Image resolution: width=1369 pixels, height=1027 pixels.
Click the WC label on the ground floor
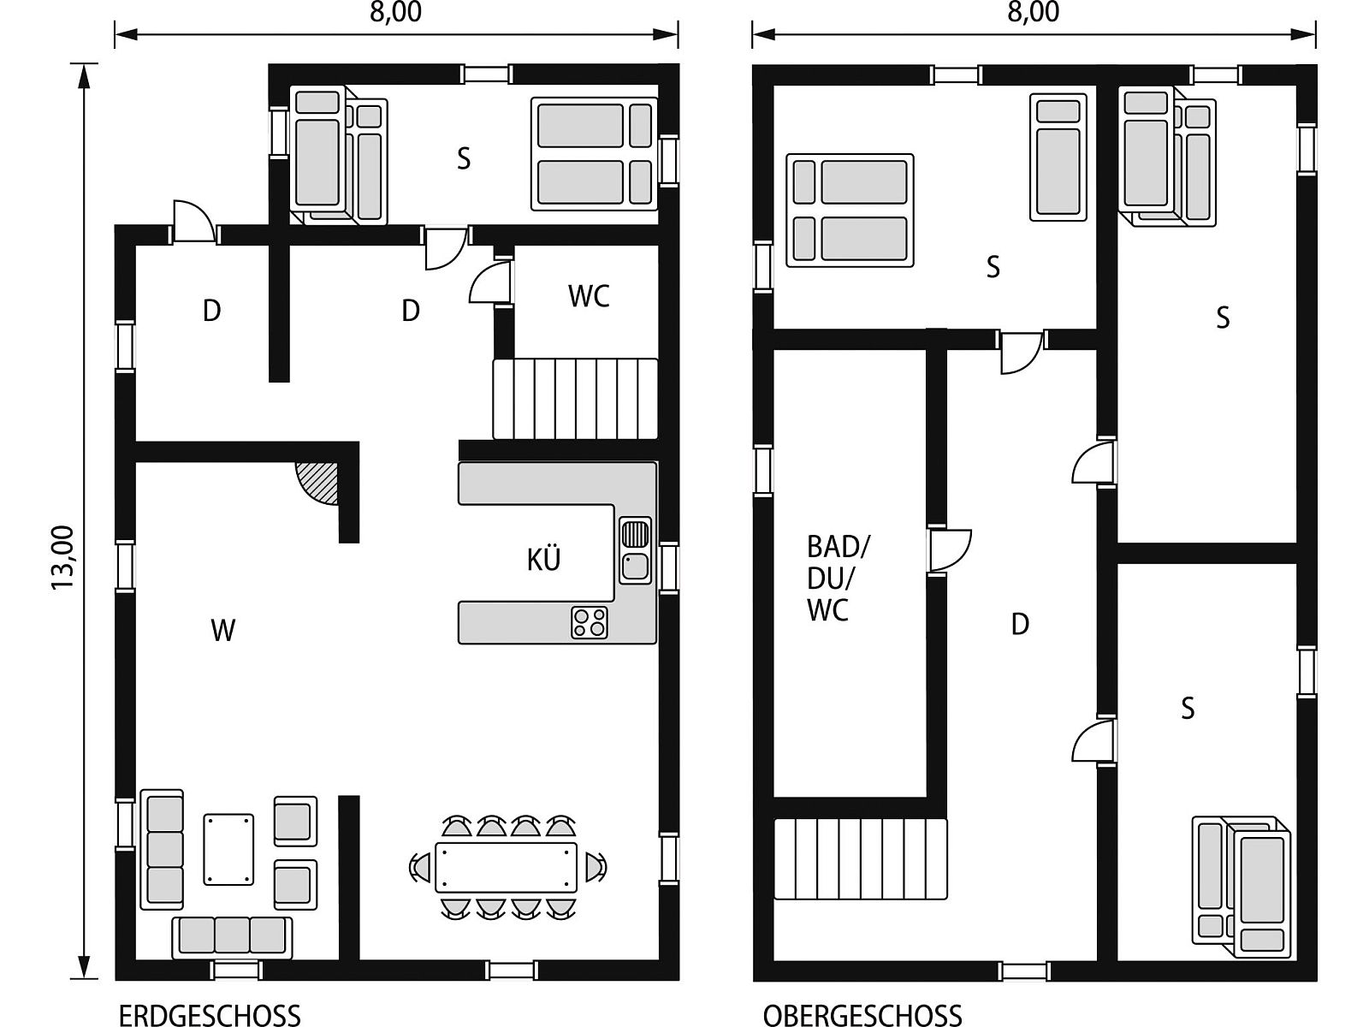pos(588,296)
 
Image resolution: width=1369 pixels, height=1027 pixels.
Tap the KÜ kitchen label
pos(543,559)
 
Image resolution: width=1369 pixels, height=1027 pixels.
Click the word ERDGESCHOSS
pos(210,1015)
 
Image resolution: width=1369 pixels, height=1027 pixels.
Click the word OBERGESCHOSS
pos(862,1015)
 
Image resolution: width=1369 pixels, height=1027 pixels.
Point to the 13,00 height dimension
pos(62,557)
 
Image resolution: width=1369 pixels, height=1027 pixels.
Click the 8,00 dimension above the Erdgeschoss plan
pos(395,13)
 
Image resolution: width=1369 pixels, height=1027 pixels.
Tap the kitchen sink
pos(635,550)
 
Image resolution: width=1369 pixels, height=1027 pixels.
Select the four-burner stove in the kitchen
pos(590,622)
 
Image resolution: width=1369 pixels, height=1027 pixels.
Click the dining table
pos(506,867)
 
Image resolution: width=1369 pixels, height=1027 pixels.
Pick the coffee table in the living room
pos(228,849)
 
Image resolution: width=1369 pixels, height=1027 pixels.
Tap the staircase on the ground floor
pos(575,399)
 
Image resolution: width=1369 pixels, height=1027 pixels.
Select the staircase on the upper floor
pos(861,859)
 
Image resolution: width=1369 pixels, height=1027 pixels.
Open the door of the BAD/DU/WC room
pos(949,550)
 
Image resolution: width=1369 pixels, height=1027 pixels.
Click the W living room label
pos(222,631)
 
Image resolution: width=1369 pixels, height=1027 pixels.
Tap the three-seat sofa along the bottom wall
pos(232,937)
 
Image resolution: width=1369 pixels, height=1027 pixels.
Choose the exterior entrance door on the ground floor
pos(193,222)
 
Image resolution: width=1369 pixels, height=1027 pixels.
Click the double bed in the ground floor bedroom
pos(595,153)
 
